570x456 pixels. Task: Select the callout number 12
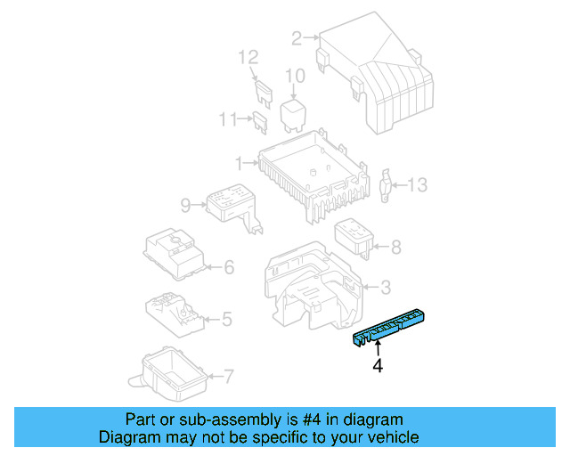[x=248, y=58]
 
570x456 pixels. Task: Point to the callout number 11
[x=228, y=118]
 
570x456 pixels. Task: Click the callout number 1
[x=238, y=163]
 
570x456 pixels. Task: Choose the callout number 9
[x=185, y=206]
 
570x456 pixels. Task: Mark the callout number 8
[x=396, y=247]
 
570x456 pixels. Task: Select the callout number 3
[x=385, y=287]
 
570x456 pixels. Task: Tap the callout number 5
[x=227, y=318]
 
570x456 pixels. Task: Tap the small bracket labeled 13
[x=387, y=183]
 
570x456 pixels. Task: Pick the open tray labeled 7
[x=168, y=373]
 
